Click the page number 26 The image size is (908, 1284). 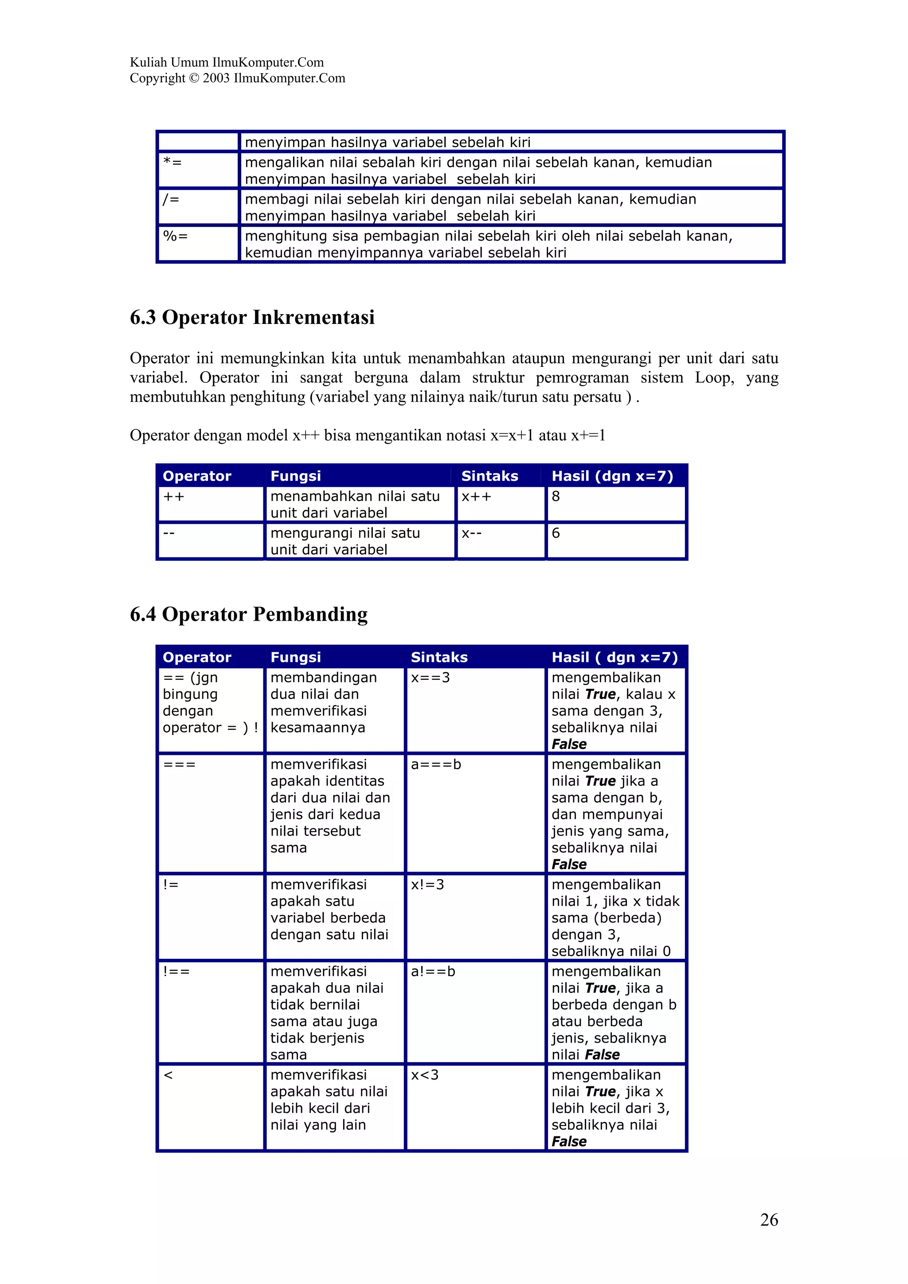[769, 1219]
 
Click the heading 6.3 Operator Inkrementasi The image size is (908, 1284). [252, 317]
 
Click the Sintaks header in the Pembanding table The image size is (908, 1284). [439, 657]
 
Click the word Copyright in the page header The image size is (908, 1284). [157, 78]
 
